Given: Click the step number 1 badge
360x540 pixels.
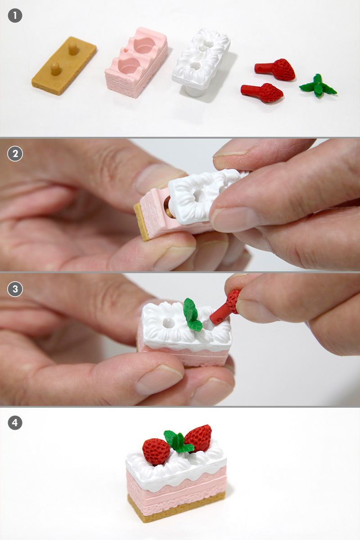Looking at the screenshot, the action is (15, 15).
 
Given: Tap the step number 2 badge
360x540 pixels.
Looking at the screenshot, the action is (15, 153).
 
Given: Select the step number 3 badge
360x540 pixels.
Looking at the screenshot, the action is (15, 289).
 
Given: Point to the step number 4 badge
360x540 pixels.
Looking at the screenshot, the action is (15, 423).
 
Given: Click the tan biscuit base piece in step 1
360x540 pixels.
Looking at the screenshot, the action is (64, 65).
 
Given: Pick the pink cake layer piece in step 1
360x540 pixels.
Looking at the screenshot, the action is (136, 62).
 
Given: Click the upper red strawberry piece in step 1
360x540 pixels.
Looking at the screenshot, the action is (275, 69).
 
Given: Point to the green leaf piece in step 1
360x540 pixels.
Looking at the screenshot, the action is (318, 85).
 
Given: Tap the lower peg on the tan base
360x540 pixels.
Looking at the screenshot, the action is (55, 69).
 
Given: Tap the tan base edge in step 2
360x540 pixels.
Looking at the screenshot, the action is (141, 221).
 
